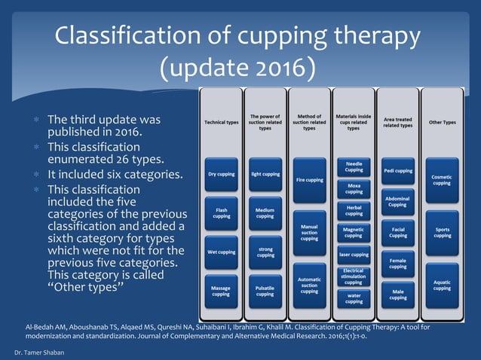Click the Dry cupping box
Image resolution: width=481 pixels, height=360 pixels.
click(x=221, y=174)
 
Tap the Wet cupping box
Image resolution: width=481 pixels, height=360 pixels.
click(x=221, y=252)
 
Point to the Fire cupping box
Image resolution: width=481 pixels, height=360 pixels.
click(x=309, y=179)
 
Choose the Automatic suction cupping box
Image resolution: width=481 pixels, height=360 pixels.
click(x=309, y=287)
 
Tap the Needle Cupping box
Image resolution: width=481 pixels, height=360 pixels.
click(x=353, y=166)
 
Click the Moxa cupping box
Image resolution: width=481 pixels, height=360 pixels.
click(x=353, y=188)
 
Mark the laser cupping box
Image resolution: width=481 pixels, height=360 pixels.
click(x=353, y=255)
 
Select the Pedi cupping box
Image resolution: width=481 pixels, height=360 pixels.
click(x=397, y=170)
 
